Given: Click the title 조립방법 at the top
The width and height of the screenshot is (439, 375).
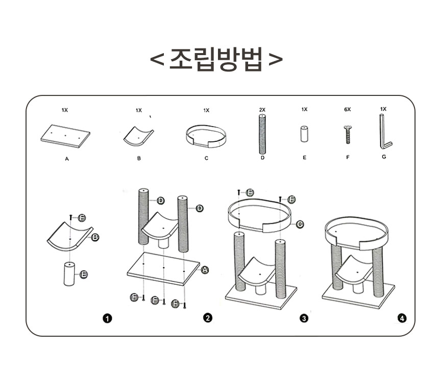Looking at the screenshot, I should click(216, 60).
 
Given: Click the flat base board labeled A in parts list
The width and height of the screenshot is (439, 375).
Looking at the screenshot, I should click(65, 136).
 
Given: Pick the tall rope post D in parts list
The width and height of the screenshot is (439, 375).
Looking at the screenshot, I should click(262, 134).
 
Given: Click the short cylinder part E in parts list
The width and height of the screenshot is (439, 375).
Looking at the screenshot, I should click(304, 135).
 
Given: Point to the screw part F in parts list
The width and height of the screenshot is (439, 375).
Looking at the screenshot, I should click(348, 135).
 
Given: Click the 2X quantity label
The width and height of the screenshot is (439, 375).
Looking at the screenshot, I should click(262, 110).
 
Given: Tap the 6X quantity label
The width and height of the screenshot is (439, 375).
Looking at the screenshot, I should click(348, 110).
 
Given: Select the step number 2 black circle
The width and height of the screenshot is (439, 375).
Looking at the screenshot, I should click(207, 318).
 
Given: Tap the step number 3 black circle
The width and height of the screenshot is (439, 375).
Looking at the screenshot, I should click(304, 318).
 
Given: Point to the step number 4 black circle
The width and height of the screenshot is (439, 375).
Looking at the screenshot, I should click(402, 318).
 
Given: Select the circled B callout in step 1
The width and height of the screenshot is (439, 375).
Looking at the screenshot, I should click(95, 237).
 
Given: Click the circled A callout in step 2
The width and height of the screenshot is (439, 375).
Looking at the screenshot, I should click(205, 270).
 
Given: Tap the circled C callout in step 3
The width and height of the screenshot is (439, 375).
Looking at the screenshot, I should click(300, 223).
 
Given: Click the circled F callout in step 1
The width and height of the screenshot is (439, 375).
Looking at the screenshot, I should click(82, 218).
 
